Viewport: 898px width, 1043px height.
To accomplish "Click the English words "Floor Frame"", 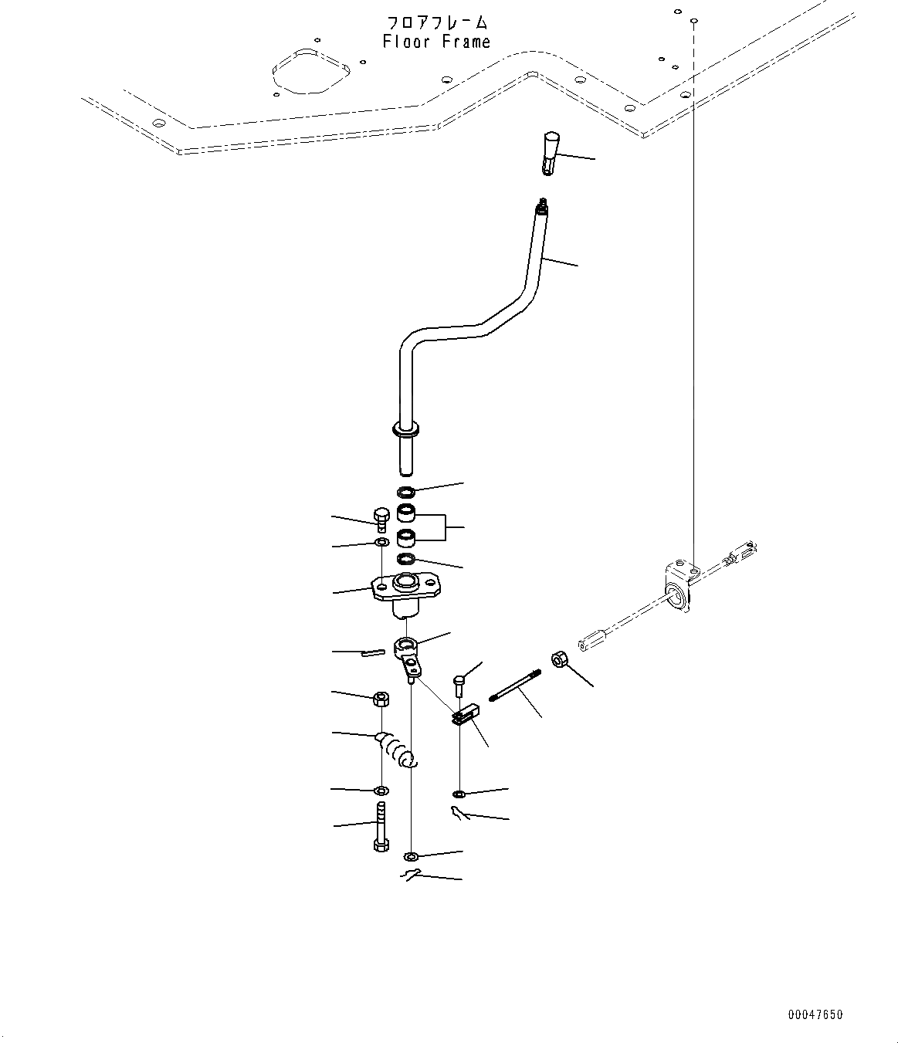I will (x=436, y=42).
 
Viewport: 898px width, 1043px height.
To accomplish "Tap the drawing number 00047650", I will (x=815, y=1014).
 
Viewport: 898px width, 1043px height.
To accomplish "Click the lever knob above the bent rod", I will (x=549, y=152).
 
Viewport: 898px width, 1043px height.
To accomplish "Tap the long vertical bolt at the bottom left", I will (x=381, y=827).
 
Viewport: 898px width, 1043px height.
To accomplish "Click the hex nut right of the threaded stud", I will (x=560, y=660).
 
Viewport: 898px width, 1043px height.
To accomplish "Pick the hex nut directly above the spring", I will (x=380, y=699).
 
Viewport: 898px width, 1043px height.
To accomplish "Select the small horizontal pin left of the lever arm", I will (x=371, y=652).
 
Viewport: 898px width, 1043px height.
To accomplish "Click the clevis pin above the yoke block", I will (x=461, y=684).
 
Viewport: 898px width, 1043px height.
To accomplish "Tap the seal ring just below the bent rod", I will (x=406, y=492).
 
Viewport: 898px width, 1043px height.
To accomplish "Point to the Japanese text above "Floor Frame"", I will (x=436, y=22).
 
